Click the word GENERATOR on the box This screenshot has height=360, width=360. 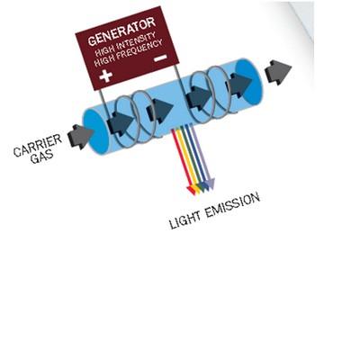click(122, 31)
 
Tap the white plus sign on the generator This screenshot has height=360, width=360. click(106, 76)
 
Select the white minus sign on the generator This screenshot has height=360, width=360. click(160, 58)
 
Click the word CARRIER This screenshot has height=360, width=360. click(38, 145)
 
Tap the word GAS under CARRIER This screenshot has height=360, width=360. click(42, 157)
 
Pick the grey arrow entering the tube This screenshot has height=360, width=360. click(80, 137)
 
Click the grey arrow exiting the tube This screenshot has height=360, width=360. click(278, 72)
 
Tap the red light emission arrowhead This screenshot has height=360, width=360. click(191, 190)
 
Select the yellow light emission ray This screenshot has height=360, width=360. click(186, 159)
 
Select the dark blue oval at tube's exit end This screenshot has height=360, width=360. click(247, 83)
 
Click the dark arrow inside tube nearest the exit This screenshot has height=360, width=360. click(239, 85)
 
